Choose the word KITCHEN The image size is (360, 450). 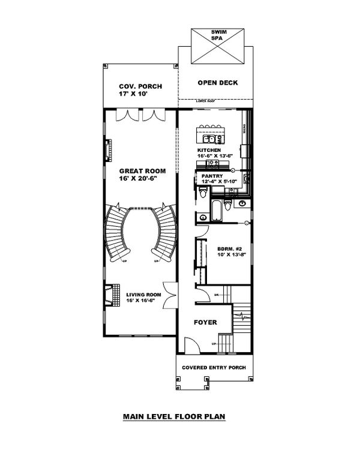coord(209,149)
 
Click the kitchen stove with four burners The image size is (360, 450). coord(212,163)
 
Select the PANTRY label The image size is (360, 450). coord(218,176)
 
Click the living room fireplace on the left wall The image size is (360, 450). coord(108,296)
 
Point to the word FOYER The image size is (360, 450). coord(205,323)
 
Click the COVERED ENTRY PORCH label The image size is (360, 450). coord(215,367)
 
